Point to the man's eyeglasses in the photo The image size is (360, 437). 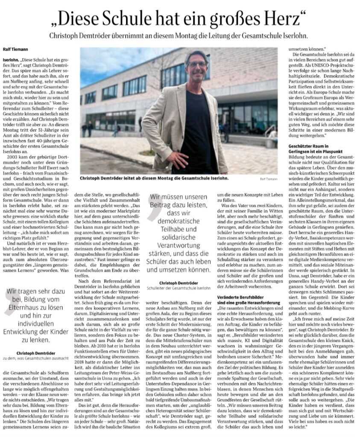click(197, 64)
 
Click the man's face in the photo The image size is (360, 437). click(197, 66)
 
